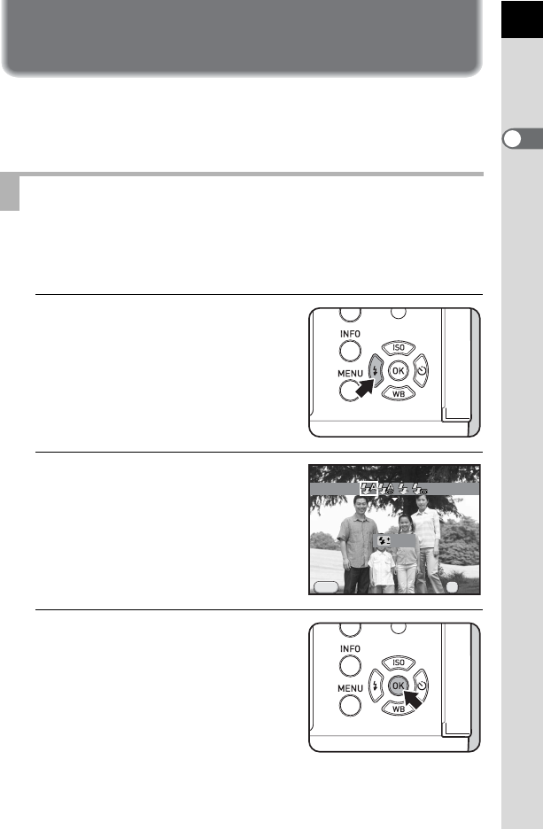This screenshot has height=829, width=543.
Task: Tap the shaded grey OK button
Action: click(398, 686)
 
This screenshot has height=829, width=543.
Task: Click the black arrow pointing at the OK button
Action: click(413, 699)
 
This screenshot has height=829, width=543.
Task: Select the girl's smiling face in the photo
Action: click(405, 524)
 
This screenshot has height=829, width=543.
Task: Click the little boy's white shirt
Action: click(382, 568)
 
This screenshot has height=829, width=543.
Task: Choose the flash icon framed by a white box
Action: click(368, 489)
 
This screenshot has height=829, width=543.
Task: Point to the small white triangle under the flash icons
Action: click(394, 500)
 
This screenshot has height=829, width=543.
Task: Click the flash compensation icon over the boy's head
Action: click(384, 540)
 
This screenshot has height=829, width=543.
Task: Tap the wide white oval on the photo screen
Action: click(326, 587)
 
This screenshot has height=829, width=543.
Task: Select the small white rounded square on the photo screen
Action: click(452, 587)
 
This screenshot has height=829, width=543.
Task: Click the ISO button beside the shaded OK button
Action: click(398, 662)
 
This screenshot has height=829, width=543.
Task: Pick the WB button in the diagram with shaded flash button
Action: click(398, 394)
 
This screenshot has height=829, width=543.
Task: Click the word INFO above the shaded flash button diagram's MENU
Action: click(350, 334)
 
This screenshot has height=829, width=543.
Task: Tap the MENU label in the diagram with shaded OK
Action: click(350, 688)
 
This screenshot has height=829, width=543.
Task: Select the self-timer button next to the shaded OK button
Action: click(422, 686)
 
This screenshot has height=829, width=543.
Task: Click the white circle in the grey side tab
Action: click(512, 138)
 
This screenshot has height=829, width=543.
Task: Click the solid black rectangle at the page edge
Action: click(522, 19)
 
